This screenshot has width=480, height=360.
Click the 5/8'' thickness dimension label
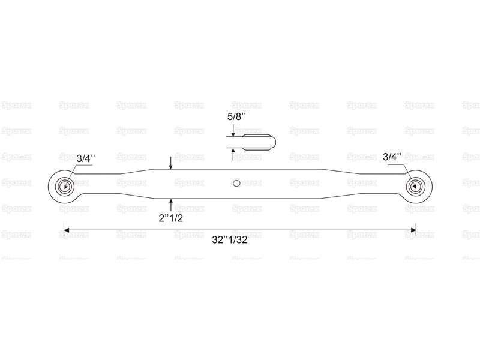click(236, 117)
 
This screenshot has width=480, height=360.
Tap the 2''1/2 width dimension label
click(170, 218)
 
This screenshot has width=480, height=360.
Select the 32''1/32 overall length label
click(230, 239)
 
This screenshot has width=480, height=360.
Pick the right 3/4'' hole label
click(392, 157)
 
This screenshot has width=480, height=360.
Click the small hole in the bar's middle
click(236, 183)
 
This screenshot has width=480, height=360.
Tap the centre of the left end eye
click(65, 186)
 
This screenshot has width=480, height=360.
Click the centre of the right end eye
click(415, 186)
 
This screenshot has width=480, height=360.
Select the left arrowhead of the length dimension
click(66, 230)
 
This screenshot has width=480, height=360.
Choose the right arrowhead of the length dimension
click(413, 230)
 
